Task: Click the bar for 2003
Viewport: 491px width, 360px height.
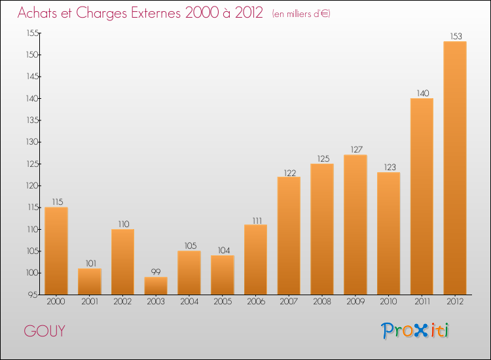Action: (156, 286)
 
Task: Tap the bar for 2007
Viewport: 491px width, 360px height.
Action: (289, 236)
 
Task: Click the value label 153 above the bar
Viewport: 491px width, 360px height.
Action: (455, 36)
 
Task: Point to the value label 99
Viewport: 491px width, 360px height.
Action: (156, 272)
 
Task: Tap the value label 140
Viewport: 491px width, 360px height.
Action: (422, 93)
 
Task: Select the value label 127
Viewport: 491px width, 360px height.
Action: (355, 150)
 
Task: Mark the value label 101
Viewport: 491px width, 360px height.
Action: (90, 263)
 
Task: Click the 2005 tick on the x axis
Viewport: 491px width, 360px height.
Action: (223, 302)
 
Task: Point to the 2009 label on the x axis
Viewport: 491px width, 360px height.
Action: (355, 302)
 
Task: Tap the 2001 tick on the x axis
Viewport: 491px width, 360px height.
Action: (90, 302)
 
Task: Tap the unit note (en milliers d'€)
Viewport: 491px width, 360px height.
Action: (301, 14)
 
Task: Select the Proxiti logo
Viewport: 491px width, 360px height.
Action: (415, 331)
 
